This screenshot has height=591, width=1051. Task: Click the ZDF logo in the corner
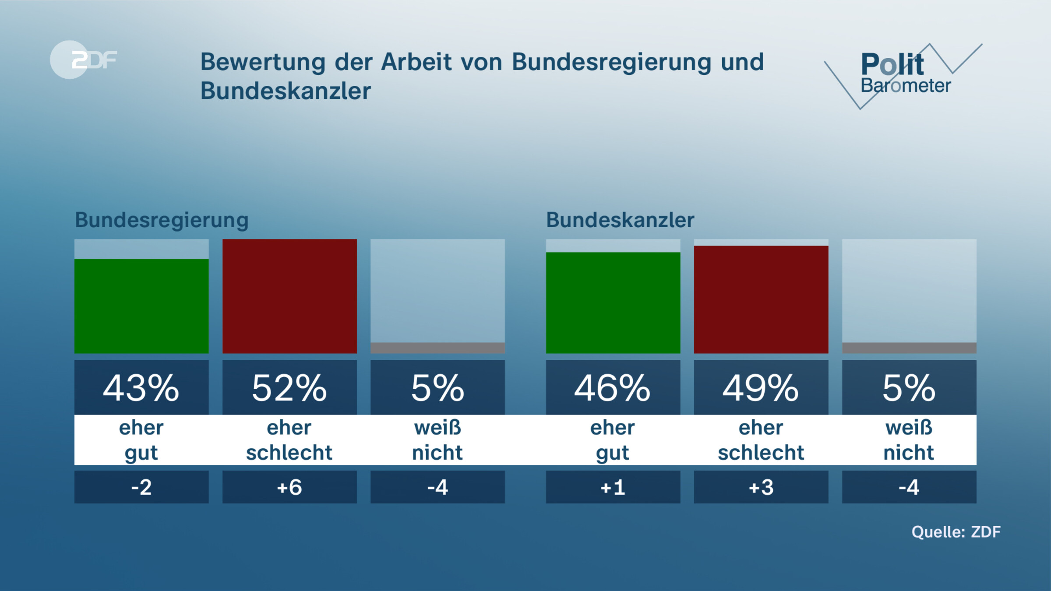click(x=83, y=60)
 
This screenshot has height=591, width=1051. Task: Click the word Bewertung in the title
click(x=263, y=62)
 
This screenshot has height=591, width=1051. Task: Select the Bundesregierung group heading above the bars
click(x=162, y=220)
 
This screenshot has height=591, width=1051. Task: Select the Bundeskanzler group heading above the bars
click(x=620, y=220)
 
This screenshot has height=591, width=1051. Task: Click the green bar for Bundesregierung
click(x=141, y=306)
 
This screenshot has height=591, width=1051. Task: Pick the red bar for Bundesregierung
click(x=289, y=296)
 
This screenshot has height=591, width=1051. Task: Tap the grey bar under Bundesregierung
click(x=437, y=348)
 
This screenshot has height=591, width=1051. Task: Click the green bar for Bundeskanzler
click(x=613, y=303)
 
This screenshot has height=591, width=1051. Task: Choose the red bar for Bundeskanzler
click(x=761, y=299)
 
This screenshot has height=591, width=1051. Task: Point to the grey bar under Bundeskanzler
click(x=909, y=348)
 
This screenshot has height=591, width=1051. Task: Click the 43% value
click(x=141, y=388)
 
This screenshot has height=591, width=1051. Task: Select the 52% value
click(x=289, y=388)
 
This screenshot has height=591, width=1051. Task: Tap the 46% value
click(x=613, y=388)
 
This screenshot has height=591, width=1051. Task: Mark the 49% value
click(x=761, y=388)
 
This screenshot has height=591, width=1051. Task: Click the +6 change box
click(x=289, y=487)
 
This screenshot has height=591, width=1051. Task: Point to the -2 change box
click(x=141, y=487)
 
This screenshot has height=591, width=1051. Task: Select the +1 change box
click(x=613, y=487)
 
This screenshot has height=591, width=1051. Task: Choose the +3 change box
click(x=761, y=487)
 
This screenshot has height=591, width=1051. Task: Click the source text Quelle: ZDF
click(x=956, y=532)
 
